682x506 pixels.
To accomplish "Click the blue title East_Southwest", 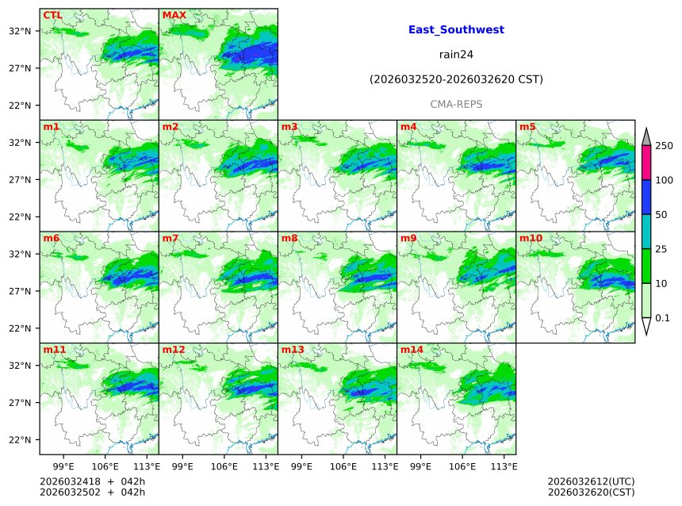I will [x=456, y=30].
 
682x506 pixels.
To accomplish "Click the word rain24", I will [x=456, y=55].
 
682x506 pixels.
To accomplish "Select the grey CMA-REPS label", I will [x=456, y=104].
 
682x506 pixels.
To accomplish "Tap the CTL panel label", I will [x=53, y=15].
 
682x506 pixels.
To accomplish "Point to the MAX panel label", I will [x=174, y=15].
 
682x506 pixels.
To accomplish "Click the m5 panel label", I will [x=527, y=127].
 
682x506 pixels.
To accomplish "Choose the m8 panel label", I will [x=289, y=238].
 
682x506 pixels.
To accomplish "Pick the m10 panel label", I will [x=531, y=238].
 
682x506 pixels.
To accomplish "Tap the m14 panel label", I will [x=412, y=350].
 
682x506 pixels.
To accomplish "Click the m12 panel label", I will [x=174, y=350].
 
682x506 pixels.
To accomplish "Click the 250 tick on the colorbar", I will [x=664, y=146].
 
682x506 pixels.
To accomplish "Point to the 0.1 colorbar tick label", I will [x=663, y=318].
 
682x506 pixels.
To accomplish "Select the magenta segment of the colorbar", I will [x=646, y=163].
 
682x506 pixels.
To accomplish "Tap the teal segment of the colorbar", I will [x=646, y=232].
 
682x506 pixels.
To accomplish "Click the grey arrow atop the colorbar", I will [x=646, y=137].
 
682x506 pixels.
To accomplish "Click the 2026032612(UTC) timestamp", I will [x=591, y=481].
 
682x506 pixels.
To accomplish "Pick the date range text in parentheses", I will [x=456, y=79].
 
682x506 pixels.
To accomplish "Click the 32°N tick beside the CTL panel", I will [x=19, y=31].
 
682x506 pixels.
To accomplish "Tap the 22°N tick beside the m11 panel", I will [x=19, y=440].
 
